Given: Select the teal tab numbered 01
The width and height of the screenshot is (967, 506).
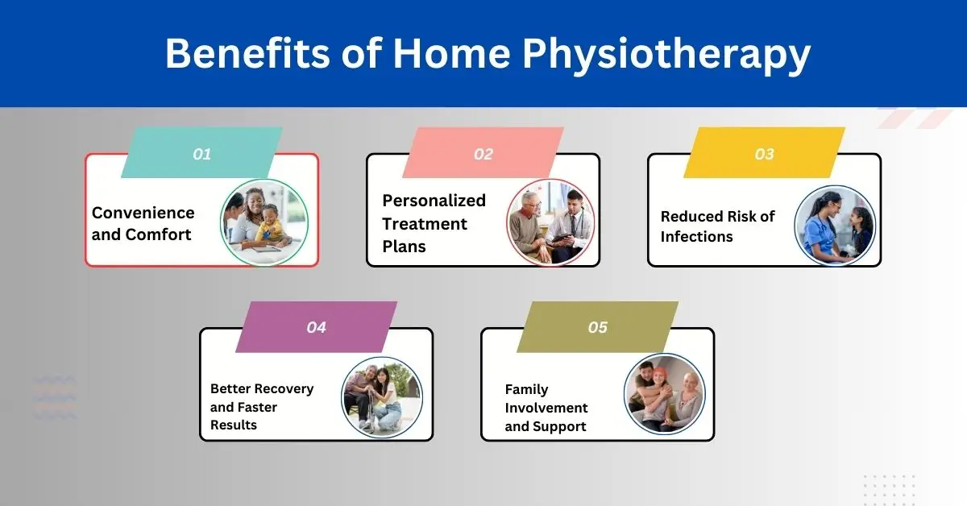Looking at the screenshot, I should click(201, 153).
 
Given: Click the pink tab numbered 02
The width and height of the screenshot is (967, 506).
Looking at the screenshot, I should click(483, 153).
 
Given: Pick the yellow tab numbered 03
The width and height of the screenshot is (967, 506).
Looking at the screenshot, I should click(764, 153).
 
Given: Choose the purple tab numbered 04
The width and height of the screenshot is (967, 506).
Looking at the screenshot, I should click(316, 327).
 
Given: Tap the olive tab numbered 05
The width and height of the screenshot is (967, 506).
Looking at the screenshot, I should click(597, 327).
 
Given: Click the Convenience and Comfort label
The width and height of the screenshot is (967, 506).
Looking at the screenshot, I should click(143, 223).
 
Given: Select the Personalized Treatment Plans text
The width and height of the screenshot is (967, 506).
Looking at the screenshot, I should click(434, 223).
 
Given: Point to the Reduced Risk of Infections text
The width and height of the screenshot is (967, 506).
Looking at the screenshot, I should click(718, 226).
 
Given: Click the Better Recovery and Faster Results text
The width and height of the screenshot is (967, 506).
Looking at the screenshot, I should click(262, 406).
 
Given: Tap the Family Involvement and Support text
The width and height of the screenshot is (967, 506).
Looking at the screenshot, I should click(547, 407).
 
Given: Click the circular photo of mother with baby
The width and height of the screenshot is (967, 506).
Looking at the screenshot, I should click(264, 222).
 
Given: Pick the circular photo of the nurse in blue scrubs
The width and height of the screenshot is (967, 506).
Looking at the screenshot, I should click(835, 226).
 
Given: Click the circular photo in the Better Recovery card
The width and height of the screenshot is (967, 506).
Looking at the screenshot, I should click(382, 397).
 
